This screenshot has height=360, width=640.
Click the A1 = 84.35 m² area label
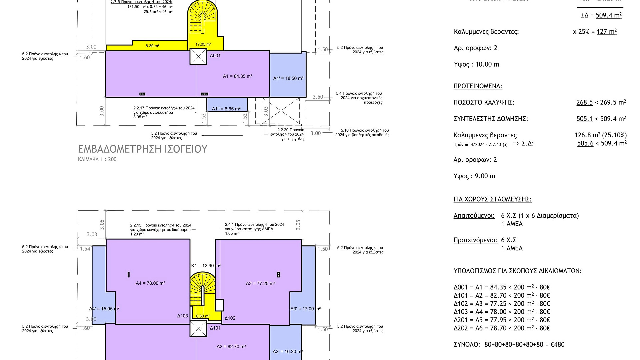coord(237,76)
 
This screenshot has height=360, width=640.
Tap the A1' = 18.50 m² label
coord(288,78)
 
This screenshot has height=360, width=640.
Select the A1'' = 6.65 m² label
coord(226,109)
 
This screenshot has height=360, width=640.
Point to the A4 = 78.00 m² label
coord(150,283)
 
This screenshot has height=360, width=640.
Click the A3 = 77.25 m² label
coord(260,284)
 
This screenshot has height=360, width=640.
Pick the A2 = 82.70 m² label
coord(231,347)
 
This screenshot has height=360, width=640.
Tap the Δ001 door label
coord(215,56)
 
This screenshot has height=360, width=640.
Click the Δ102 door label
coord(230,318)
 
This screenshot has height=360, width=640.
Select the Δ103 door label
coord(183,316)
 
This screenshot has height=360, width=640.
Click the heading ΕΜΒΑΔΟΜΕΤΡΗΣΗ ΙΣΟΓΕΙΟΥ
coord(143,149)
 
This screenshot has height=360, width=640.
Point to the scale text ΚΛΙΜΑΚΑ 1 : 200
coord(97,159)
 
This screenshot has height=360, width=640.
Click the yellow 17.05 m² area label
coord(203,44)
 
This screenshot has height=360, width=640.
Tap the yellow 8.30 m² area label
coord(152,46)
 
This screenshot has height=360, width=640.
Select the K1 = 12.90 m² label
coord(206,266)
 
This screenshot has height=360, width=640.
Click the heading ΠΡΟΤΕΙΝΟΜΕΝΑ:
coord(478,86)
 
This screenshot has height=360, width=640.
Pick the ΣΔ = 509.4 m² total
coord(601,15)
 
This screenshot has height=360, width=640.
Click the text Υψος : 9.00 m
coord(474,176)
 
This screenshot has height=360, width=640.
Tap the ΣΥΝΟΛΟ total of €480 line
coord(509,344)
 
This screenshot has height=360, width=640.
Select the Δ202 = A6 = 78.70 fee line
coord(502,328)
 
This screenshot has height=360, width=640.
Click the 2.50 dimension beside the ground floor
coord(318,97)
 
